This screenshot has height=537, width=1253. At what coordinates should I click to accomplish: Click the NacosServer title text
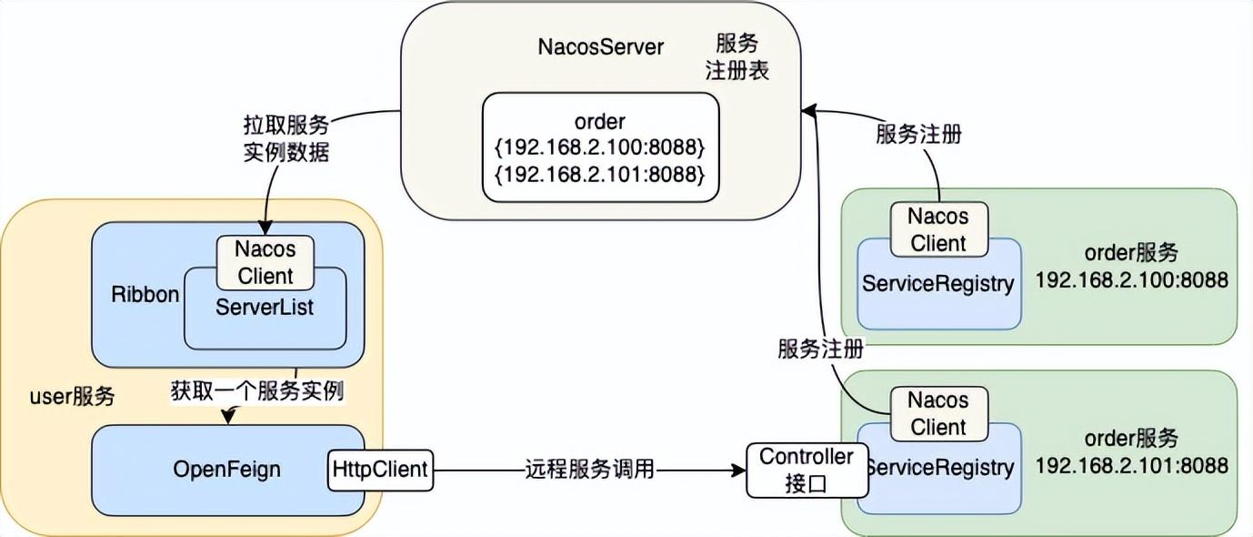click(x=602, y=47)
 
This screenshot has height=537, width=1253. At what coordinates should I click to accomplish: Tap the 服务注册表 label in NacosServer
click(x=737, y=57)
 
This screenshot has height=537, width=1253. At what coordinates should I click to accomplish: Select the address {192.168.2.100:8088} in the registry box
click(x=601, y=147)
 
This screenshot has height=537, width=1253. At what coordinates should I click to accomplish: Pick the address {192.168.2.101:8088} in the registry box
click(x=601, y=173)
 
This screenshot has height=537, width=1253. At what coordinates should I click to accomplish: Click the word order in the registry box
click(x=600, y=121)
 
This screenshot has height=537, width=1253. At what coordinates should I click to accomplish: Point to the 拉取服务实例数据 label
click(x=285, y=138)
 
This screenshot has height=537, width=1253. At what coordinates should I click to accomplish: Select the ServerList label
click(x=265, y=308)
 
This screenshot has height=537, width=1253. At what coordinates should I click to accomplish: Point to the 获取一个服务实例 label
click(x=257, y=391)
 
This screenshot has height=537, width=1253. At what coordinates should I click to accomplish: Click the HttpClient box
click(x=380, y=470)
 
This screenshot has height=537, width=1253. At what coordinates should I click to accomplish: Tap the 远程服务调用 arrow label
click(x=589, y=470)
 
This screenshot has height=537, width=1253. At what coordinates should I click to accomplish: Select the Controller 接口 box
click(x=807, y=470)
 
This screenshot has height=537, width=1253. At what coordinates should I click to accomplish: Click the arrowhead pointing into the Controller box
click(x=738, y=471)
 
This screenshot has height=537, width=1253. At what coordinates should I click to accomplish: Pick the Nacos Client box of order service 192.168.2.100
click(x=937, y=229)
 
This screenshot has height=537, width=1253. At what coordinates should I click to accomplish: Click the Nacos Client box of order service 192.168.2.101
click(x=937, y=413)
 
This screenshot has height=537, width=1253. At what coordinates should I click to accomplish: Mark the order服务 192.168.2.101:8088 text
click(x=1131, y=452)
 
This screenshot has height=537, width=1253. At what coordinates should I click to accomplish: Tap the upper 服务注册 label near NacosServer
click(x=918, y=135)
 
